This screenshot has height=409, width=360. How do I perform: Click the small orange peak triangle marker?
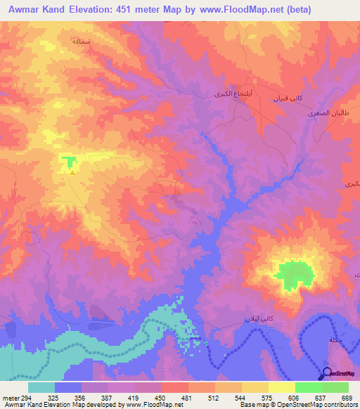pyautogui.click(x=72, y=171)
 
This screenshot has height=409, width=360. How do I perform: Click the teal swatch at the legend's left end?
pyautogui.click(x=41, y=387)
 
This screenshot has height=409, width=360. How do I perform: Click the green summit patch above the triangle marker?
pyautogui.click(x=69, y=162)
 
